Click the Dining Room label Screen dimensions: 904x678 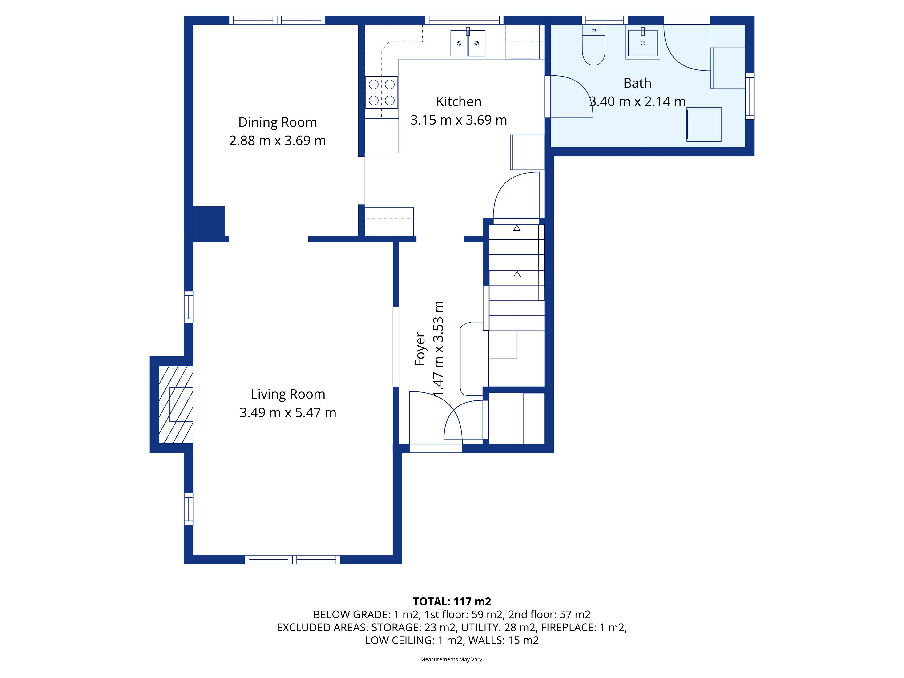[x=278, y=122]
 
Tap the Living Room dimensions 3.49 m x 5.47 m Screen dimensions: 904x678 [x=288, y=413]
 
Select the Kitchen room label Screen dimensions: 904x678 [x=459, y=102]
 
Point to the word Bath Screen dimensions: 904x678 [x=637, y=83]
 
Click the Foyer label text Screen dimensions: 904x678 [x=420, y=349]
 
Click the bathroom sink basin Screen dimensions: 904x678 [x=642, y=42]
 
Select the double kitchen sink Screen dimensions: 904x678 [x=468, y=43]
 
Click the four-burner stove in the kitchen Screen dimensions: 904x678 [x=382, y=92]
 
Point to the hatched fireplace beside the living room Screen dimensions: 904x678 [x=176, y=404]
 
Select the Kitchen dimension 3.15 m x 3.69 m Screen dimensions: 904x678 [x=459, y=120]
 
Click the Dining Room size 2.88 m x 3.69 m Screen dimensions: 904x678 [x=278, y=141]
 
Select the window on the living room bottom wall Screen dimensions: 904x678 [x=292, y=560]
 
